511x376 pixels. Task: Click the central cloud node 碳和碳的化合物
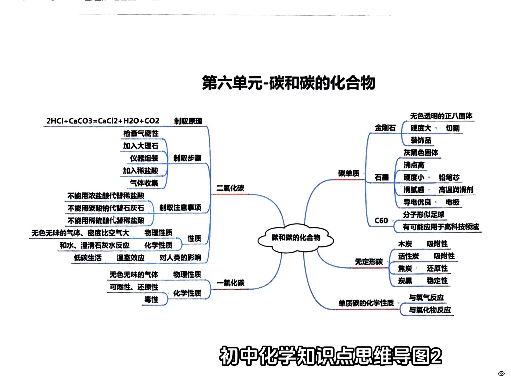(x=296, y=237)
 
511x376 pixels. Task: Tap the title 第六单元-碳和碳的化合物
(x=289, y=83)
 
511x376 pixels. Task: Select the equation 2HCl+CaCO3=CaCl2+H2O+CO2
(x=103, y=121)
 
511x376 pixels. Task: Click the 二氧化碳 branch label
(x=230, y=188)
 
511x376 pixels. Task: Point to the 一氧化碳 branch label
(x=230, y=283)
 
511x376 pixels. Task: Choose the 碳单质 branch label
(x=349, y=173)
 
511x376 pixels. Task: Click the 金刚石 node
(x=385, y=128)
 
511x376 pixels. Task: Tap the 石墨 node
(x=382, y=177)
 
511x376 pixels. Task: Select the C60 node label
(x=381, y=221)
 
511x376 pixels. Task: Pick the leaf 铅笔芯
(x=449, y=177)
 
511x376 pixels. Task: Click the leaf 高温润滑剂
(x=456, y=190)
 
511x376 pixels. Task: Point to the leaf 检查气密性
(x=141, y=133)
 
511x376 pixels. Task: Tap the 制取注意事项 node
(x=180, y=208)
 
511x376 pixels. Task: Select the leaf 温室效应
(x=130, y=258)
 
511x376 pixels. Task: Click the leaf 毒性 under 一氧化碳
(x=151, y=300)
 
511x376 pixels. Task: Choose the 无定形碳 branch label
(x=369, y=262)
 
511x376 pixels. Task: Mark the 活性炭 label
(x=408, y=256)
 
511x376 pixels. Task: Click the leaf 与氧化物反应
(x=430, y=310)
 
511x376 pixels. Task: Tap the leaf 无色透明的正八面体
(x=441, y=116)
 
